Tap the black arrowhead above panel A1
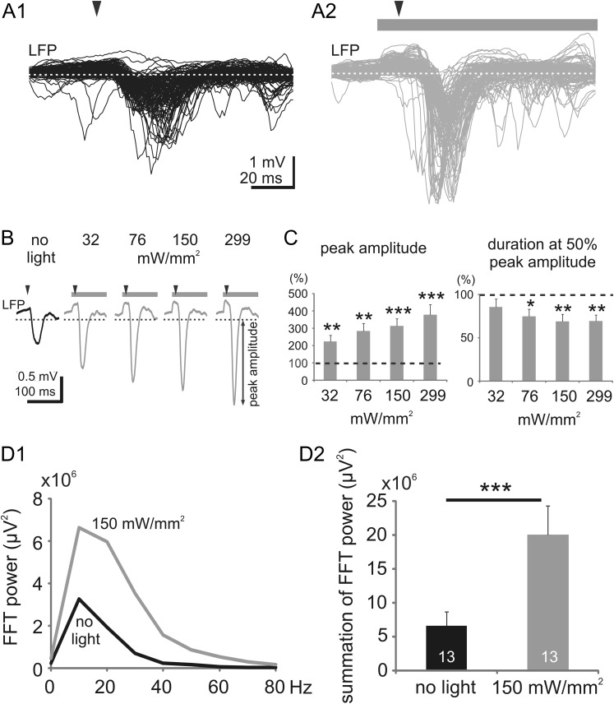(98, 9)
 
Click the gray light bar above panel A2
(486, 24)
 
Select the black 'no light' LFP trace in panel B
(38, 329)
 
